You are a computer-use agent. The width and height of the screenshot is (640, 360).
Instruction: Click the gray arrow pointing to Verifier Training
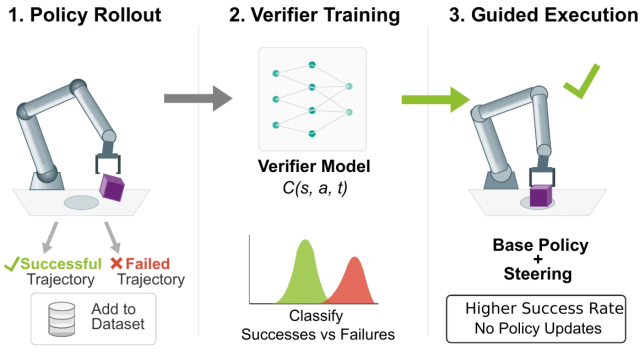click(198, 98)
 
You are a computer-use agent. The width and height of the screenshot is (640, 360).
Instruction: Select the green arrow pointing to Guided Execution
click(435, 99)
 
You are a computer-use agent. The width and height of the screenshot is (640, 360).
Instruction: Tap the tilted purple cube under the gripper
click(111, 187)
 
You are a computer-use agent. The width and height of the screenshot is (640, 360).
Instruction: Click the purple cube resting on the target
click(540, 196)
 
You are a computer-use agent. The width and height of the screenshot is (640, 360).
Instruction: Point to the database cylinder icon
click(61, 319)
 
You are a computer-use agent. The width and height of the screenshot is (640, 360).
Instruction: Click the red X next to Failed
click(116, 263)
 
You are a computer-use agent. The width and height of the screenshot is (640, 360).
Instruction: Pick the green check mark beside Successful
click(11, 263)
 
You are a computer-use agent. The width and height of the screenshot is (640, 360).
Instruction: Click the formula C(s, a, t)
click(315, 188)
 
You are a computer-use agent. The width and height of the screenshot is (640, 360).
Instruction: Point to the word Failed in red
click(147, 263)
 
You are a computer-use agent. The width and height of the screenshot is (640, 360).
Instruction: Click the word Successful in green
click(61, 263)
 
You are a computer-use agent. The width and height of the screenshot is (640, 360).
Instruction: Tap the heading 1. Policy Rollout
click(85, 15)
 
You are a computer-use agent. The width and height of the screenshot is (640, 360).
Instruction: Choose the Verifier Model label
click(314, 166)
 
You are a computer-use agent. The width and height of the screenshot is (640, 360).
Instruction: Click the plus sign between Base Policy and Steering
click(537, 259)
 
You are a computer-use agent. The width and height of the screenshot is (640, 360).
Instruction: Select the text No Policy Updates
click(538, 328)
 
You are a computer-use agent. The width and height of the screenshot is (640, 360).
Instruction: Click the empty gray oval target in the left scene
click(81, 203)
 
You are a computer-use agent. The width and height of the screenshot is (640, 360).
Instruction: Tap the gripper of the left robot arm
click(107, 163)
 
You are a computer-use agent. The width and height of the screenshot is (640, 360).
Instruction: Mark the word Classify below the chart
click(316, 316)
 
